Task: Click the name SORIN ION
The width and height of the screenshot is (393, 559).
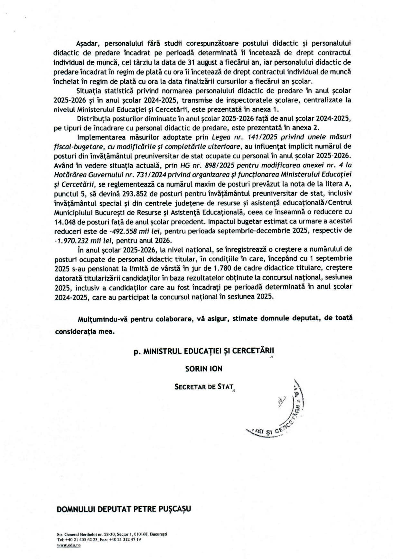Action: pyautogui.click(x=204, y=369)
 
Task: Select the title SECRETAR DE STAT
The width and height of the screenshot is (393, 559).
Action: pyautogui.click(x=204, y=387)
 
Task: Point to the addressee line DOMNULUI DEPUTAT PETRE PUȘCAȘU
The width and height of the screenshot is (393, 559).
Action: pyautogui.click(x=124, y=509)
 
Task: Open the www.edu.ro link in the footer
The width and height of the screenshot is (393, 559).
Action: pyautogui.click(x=69, y=545)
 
